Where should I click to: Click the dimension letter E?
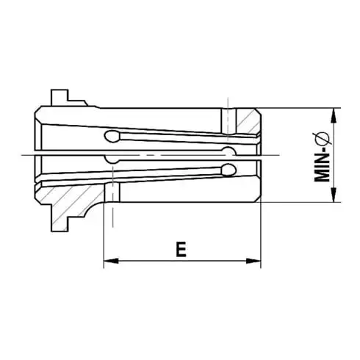click(181, 249)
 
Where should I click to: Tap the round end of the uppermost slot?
click(112, 135)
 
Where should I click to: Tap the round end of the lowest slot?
click(228, 170)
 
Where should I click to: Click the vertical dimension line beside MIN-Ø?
click(335, 156)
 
